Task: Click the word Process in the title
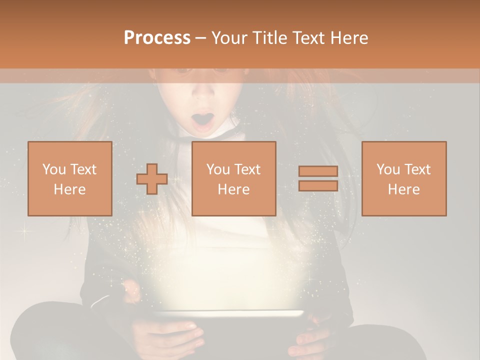[x=157, y=38]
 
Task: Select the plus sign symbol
[x=152, y=179]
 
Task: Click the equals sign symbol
[x=318, y=178]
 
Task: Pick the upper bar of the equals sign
[x=318, y=171]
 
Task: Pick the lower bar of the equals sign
[x=318, y=185]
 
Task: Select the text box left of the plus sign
[x=69, y=178]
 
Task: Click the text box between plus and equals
[x=233, y=178]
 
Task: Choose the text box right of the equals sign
[x=403, y=178]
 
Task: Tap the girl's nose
[x=203, y=93]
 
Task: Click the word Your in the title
[x=229, y=38]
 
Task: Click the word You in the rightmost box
[x=388, y=169]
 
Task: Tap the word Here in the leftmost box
[x=69, y=189]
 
